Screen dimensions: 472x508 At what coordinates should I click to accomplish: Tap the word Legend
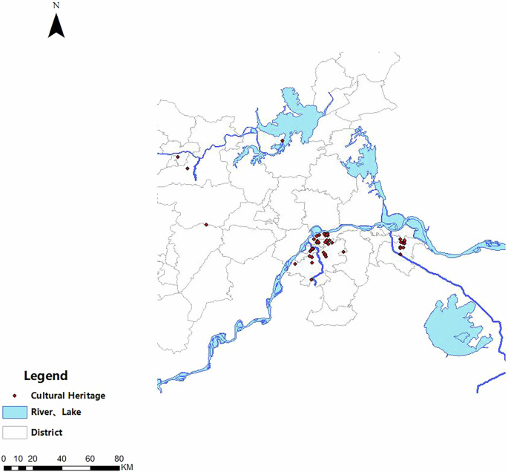[x=45, y=376]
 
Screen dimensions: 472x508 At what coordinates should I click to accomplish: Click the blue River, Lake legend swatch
[x=15, y=412]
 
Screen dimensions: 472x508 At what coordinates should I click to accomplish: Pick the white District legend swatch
[x=15, y=431]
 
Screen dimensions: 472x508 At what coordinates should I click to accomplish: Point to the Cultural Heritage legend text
[x=67, y=396]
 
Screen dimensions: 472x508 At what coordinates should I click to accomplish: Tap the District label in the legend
[x=47, y=432]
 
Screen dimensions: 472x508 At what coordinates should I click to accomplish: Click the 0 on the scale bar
[x=4, y=458]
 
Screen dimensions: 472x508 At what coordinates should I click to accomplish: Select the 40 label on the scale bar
[x=62, y=458]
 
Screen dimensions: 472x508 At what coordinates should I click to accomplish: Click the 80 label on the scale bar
[x=119, y=458]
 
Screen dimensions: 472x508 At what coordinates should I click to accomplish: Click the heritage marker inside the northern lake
[x=282, y=140]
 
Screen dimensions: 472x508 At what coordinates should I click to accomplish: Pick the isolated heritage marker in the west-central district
[x=205, y=224]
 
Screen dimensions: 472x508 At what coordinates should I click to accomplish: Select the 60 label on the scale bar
[x=90, y=458]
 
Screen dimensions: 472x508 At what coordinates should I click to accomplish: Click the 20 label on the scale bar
[x=33, y=458]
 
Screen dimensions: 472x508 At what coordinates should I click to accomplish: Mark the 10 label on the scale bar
[x=18, y=458]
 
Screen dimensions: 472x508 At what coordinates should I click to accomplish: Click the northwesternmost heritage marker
[x=177, y=157]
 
